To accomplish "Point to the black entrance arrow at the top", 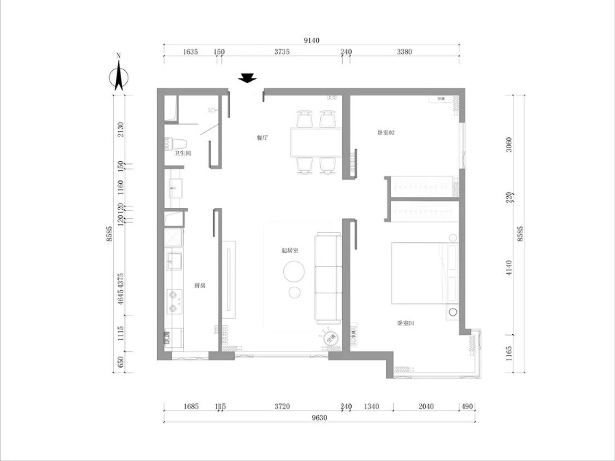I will [249, 79].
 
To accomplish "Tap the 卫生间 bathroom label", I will [182, 154].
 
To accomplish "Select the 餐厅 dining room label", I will [262, 137].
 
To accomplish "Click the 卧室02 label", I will [385, 132].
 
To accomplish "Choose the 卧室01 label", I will [406, 322].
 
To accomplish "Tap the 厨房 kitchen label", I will [199, 285].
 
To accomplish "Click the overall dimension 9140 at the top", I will [312, 40].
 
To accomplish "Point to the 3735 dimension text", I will [282, 52].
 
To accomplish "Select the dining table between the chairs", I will [315, 142].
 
